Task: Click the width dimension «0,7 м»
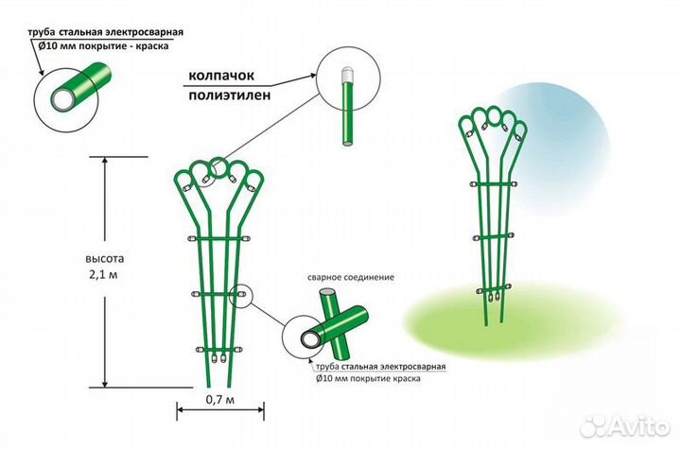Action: point(220,399)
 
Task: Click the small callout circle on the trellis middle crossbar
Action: point(240,296)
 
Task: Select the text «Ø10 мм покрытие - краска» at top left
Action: point(106,43)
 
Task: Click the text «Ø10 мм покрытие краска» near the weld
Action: point(371,378)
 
